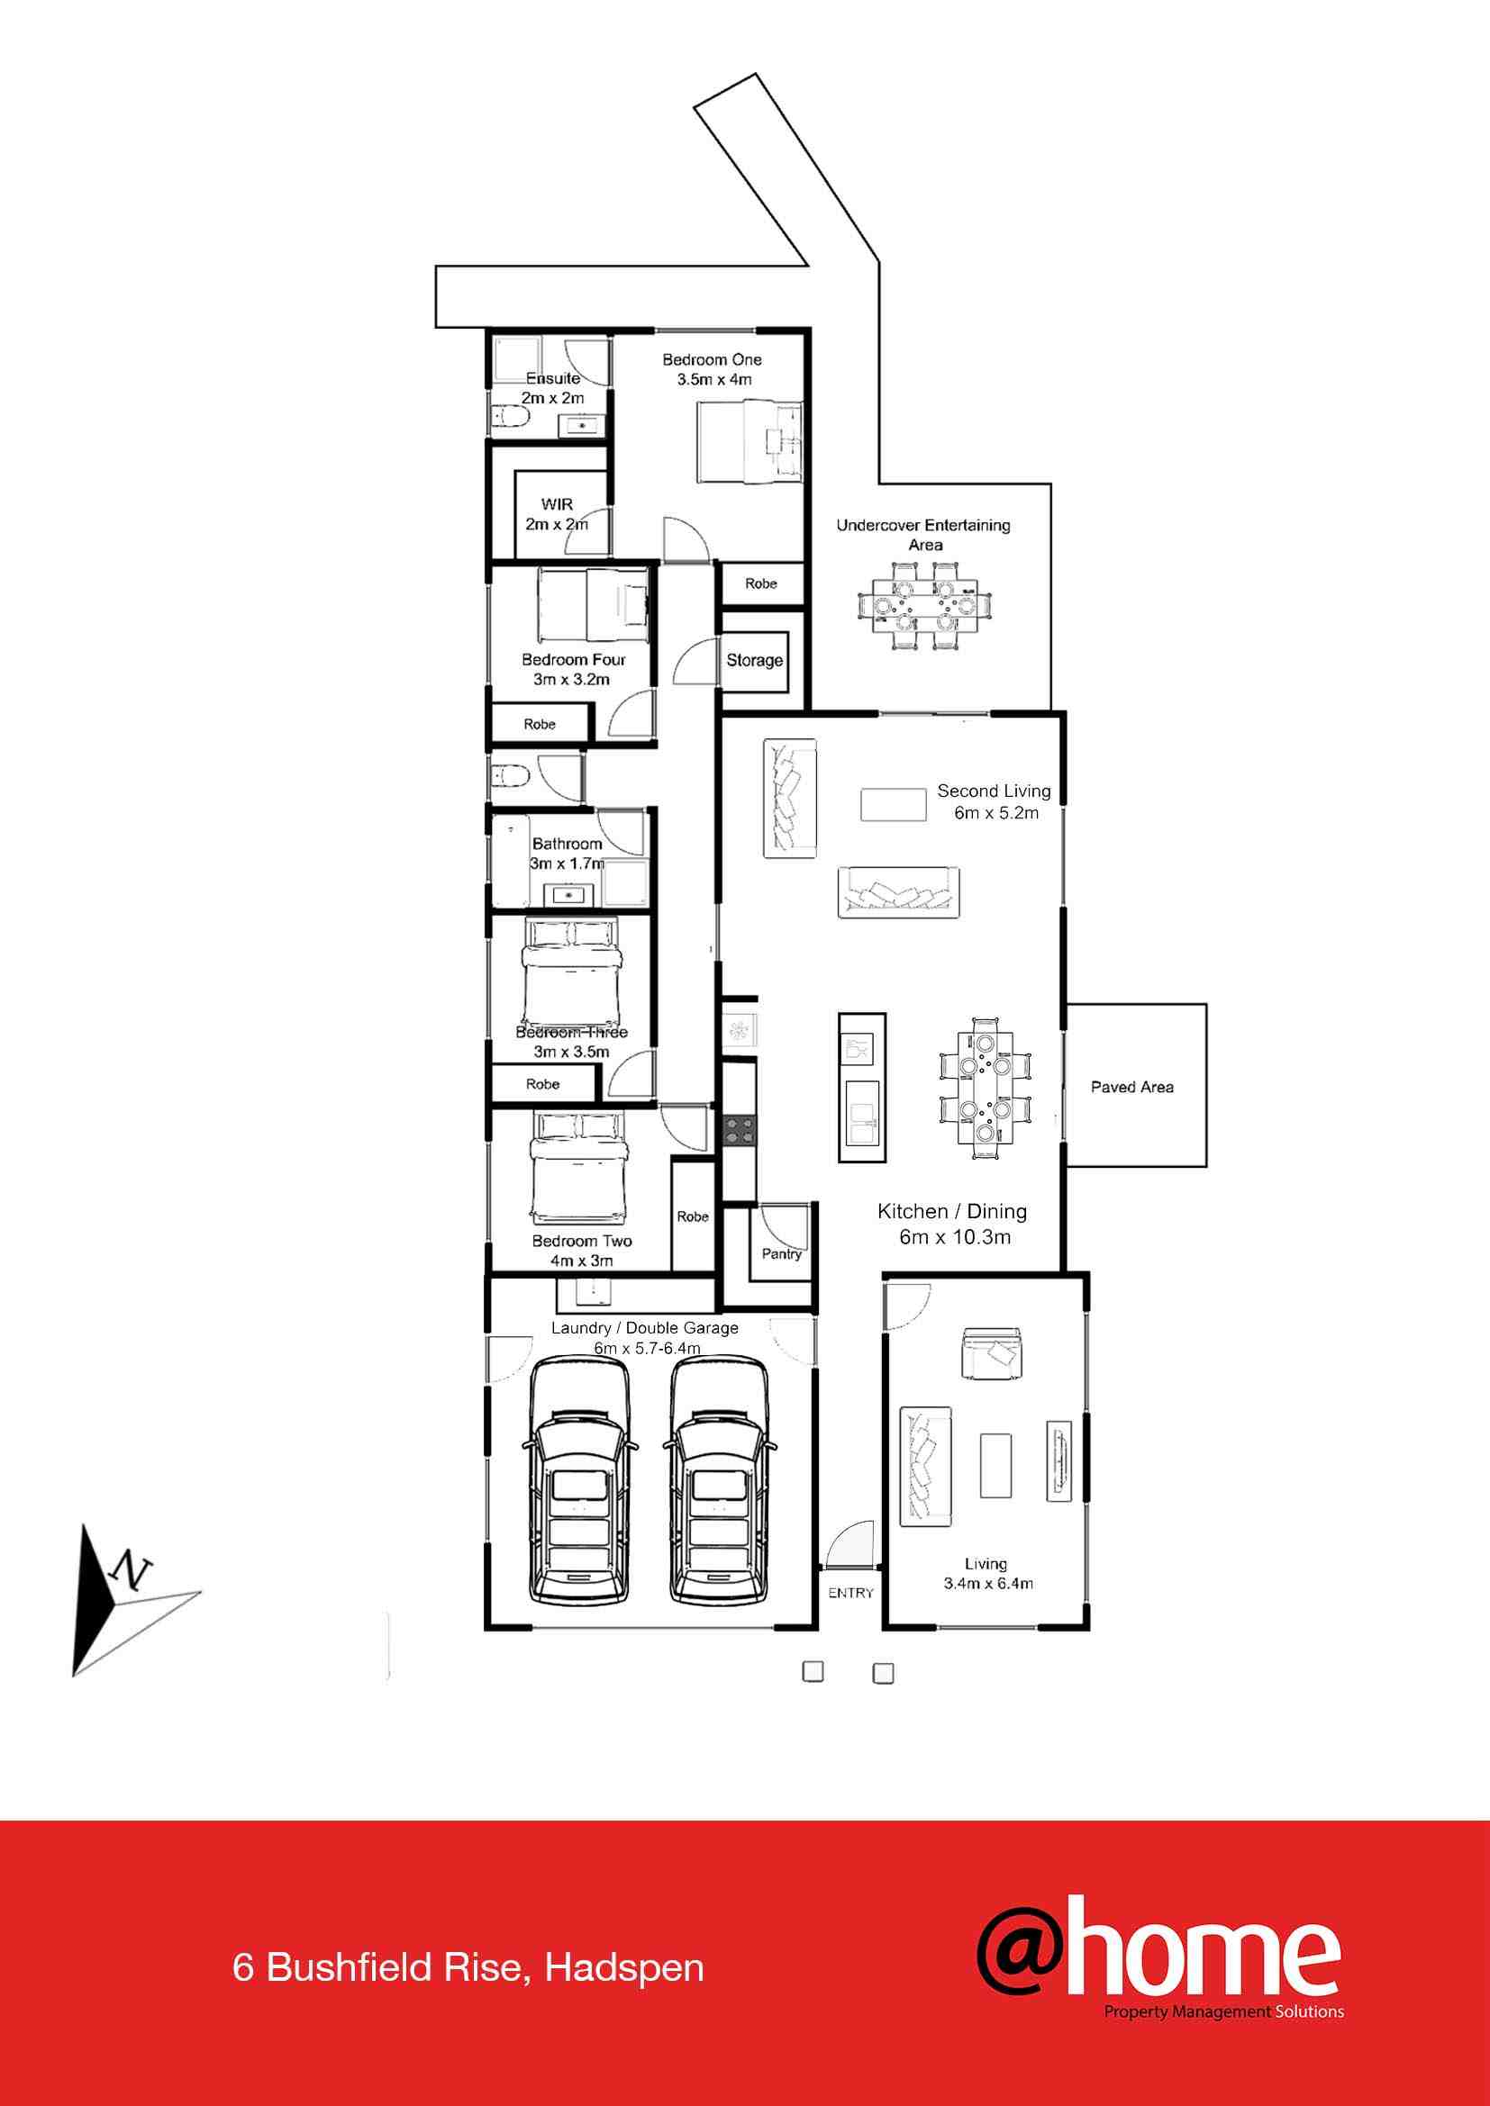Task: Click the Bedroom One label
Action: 712,359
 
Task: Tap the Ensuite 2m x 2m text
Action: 552,388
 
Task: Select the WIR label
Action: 557,504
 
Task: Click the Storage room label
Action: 754,659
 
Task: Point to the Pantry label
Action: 782,1254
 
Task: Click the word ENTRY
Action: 850,1594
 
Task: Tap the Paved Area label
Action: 1132,1087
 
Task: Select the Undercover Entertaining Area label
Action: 923,535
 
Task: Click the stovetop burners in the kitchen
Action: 739,1129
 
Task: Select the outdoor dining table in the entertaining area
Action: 925,605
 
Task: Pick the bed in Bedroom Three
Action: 573,972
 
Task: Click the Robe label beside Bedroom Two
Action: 693,1216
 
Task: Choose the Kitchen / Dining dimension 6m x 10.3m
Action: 954,1237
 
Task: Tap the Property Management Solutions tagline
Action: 1224,2012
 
